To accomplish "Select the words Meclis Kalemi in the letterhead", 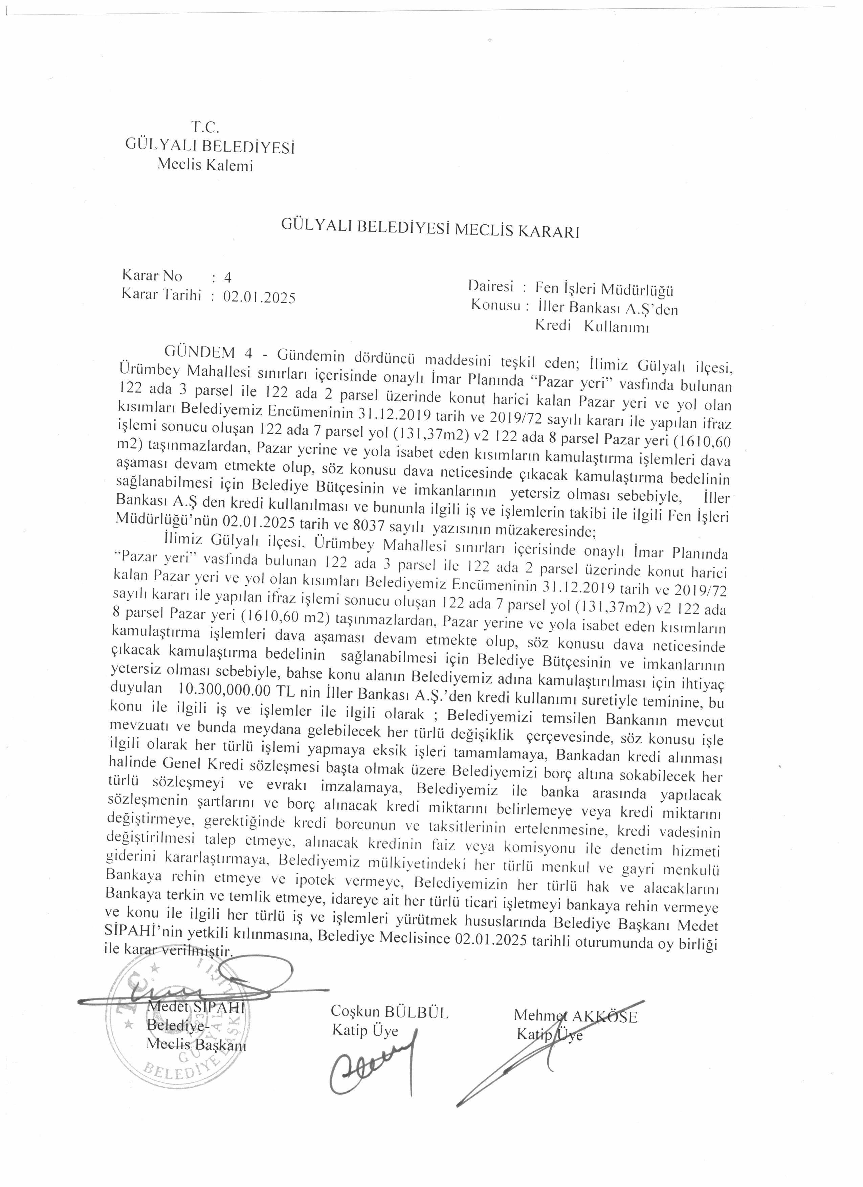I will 205,165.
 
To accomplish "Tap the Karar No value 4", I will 227,278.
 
